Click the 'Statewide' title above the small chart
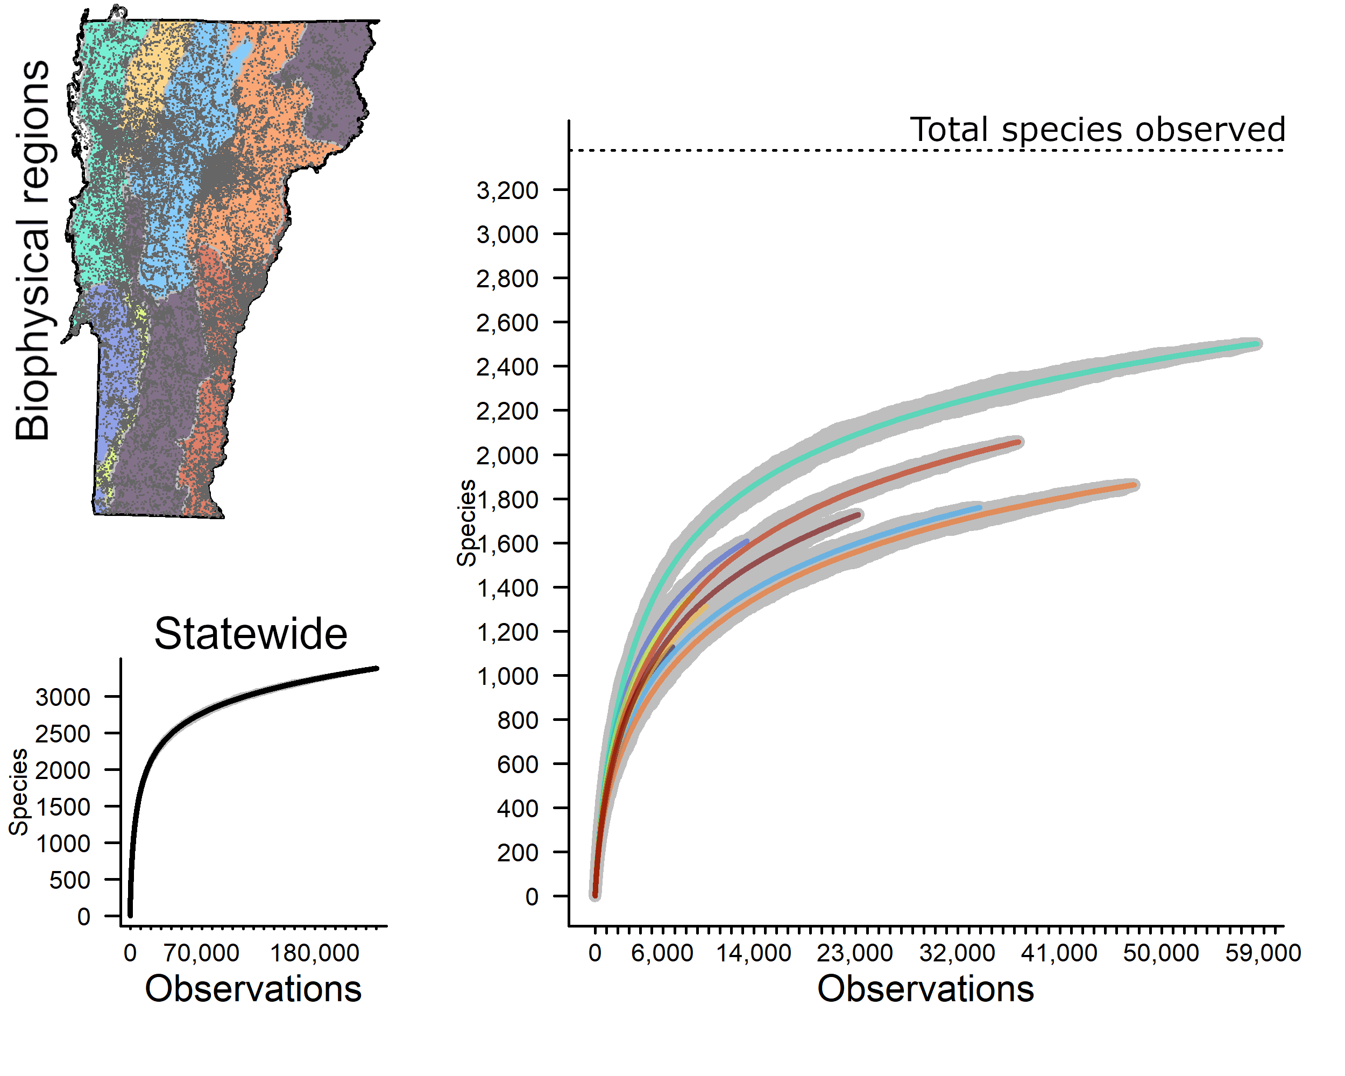click(x=251, y=634)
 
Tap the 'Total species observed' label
click(x=1098, y=130)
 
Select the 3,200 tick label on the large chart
click(x=507, y=190)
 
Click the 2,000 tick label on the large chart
click(x=507, y=455)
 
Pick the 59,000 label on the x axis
click(x=1263, y=953)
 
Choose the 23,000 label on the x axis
click(x=855, y=953)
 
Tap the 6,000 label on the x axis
click(x=662, y=953)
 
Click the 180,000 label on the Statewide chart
click(x=314, y=953)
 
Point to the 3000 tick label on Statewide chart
click(x=62, y=697)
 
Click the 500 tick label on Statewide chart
click(x=70, y=880)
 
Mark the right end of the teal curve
click(x=1256, y=344)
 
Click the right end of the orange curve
click(x=1134, y=485)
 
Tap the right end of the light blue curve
click(x=980, y=508)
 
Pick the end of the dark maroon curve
click(x=859, y=515)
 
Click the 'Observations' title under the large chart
click(x=925, y=989)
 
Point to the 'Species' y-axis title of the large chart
click(x=466, y=523)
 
